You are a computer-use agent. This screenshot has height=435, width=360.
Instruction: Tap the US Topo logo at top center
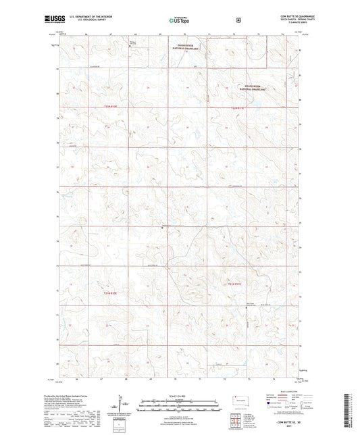point(177,20)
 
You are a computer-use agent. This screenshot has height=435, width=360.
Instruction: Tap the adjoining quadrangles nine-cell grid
point(237,426)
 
